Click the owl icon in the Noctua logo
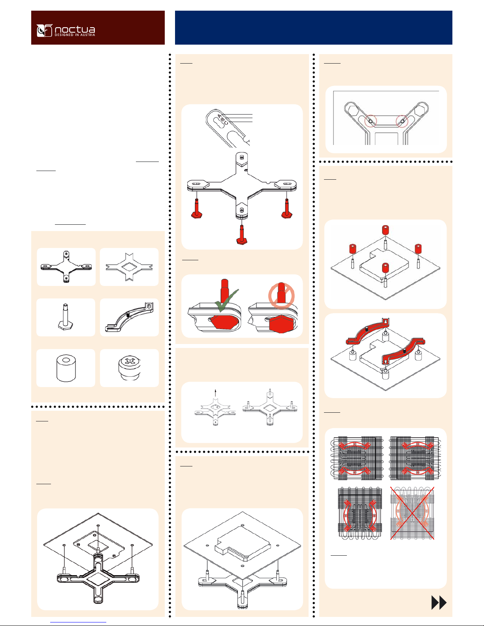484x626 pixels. tap(45, 30)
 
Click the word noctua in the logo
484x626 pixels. tap(75, 29)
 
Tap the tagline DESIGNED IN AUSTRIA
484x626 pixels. tap(75, 35)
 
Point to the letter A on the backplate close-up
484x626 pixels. tap(220, 116)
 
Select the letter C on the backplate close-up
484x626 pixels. tap(226, 123)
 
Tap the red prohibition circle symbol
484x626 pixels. tap(281, 296)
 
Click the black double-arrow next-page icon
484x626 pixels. tap(439, 603)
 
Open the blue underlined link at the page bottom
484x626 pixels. tap(78, 622)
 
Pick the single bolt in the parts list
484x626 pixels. tap(66, 317)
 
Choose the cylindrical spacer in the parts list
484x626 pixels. tap(66, 368)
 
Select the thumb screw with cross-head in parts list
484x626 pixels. tap(129, 368)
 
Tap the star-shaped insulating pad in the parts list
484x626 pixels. tap(129, 267)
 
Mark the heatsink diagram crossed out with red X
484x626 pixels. tap(412, 513)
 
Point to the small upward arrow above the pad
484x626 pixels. tap(215, 393)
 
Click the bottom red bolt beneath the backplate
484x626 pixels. tap(242, 235)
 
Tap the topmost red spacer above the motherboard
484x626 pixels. tap(386, 230)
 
